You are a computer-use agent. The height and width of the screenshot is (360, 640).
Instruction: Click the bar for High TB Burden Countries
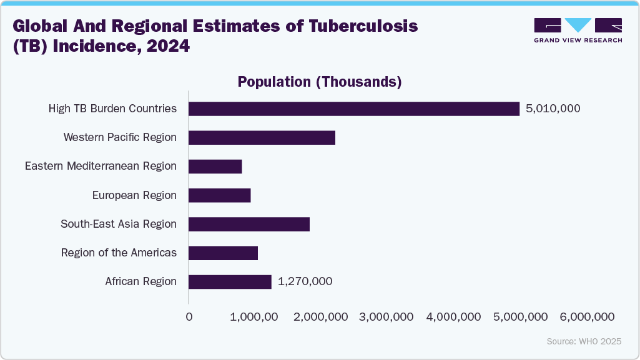click(x=354, y=109)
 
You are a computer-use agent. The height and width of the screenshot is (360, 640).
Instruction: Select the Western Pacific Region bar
click(x=262, y=137)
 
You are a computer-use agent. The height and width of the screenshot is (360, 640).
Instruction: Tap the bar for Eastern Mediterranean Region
click(x=215, y=167)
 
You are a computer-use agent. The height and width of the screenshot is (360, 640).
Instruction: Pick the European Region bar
click(x=219, y=195)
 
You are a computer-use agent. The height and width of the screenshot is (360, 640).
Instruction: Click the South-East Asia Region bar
click(x=249, y=224)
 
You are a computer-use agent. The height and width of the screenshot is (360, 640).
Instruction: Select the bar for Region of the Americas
click(x=223, y=253)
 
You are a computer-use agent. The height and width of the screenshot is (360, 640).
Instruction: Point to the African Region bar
click(x=230, y=282)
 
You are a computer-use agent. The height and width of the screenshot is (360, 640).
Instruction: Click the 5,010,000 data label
click(x=553, y=109)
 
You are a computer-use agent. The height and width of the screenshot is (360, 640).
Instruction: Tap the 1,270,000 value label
click(x=305, y=282)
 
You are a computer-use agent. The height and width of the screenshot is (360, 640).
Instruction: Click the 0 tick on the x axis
click(x=189, y=317)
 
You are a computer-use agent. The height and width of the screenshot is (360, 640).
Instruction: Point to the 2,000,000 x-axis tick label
click(x=320, y=317)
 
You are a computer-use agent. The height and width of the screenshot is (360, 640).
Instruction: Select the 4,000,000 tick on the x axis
click(x=454, y=317)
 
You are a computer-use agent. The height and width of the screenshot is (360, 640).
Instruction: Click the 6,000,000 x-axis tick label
click(x=588, y=317)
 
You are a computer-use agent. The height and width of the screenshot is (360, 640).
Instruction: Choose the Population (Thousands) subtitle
click(x=320, y=82)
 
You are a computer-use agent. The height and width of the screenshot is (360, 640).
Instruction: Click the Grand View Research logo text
click(x=578, y=40)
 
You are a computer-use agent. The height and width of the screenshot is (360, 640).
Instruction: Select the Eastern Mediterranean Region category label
click(x=101, y=167)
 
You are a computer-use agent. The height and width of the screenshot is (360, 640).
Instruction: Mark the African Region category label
click(x=140, y=282)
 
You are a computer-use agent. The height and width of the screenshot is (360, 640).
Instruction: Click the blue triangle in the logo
click(x=578, y=25)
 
